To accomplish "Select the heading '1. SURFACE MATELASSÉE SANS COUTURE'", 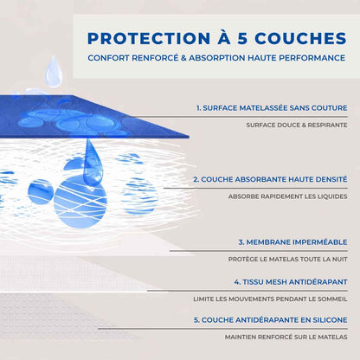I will (x=272, y=108).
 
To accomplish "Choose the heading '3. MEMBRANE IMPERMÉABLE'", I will (x=292, y=242).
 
